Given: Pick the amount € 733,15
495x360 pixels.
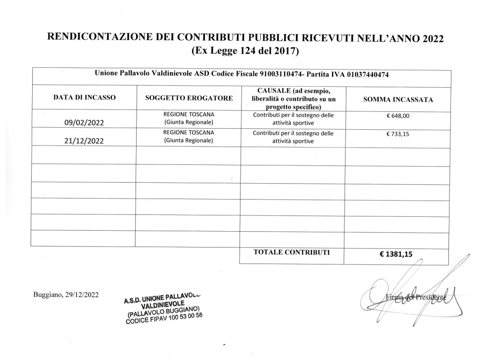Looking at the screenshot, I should coord(398,134).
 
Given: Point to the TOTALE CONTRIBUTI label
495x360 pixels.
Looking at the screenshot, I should coord(292,252).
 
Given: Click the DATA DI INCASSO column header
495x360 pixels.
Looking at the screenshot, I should coord(84,98).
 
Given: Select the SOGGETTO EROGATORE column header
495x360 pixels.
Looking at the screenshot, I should coord(189,99).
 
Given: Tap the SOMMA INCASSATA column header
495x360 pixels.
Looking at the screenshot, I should coord(398,100).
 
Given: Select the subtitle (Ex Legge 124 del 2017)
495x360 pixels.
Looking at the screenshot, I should coord(244,51).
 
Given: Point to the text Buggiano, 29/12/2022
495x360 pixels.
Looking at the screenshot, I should coord(66,295).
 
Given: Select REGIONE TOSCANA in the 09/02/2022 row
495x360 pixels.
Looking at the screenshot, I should coord(189,114).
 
